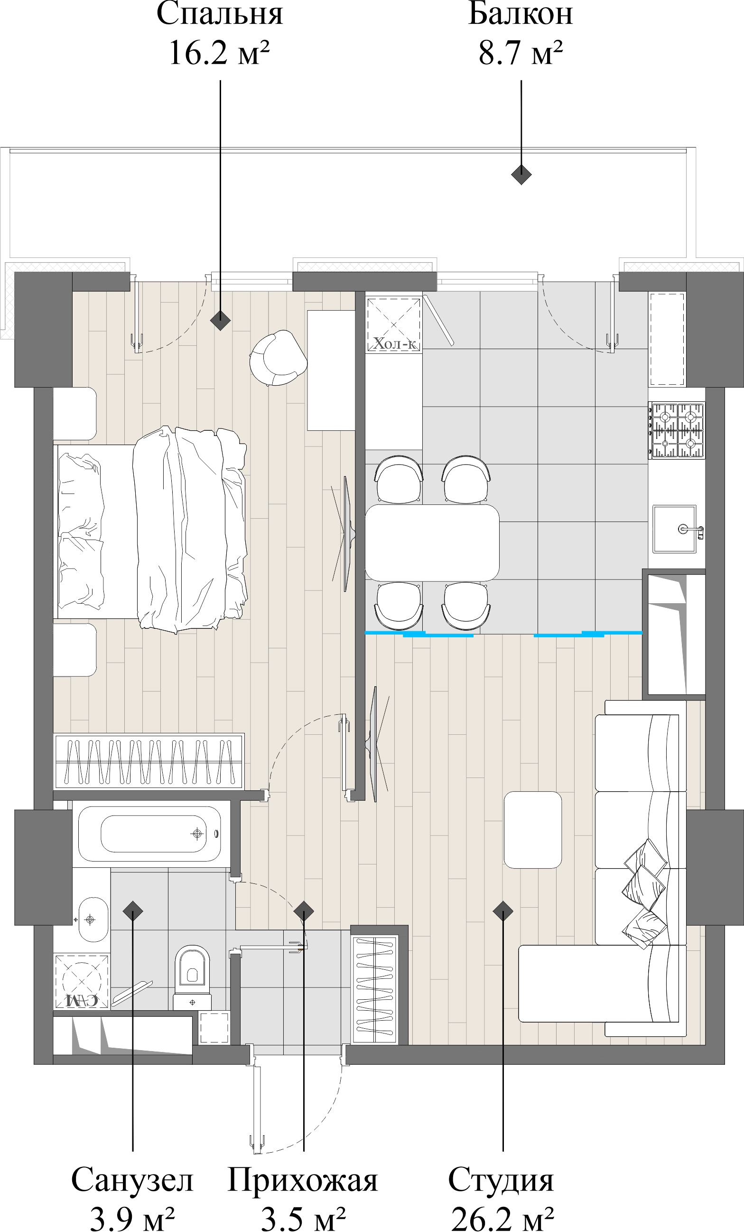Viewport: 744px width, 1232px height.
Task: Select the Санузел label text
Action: pos(132,1181)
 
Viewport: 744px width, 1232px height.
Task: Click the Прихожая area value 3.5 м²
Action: pos(303,1219)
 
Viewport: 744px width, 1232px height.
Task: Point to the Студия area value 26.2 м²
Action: pos(502,1219)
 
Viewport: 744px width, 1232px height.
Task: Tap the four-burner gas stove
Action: pos(677,430)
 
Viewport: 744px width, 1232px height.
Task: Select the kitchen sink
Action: pos(675,529)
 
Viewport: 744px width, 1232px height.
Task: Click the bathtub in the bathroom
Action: pos(150,834)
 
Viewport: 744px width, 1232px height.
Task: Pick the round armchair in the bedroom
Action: pos(278,358)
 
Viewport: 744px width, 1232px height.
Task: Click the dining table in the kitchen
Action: pos(432,542)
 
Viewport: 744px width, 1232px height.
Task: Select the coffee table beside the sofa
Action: pos(533,830)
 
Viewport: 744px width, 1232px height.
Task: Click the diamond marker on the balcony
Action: pos(521,174)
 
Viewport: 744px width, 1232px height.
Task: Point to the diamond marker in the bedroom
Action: pos(220,320)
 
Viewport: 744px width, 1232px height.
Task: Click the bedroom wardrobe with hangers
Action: pos(149,761)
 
